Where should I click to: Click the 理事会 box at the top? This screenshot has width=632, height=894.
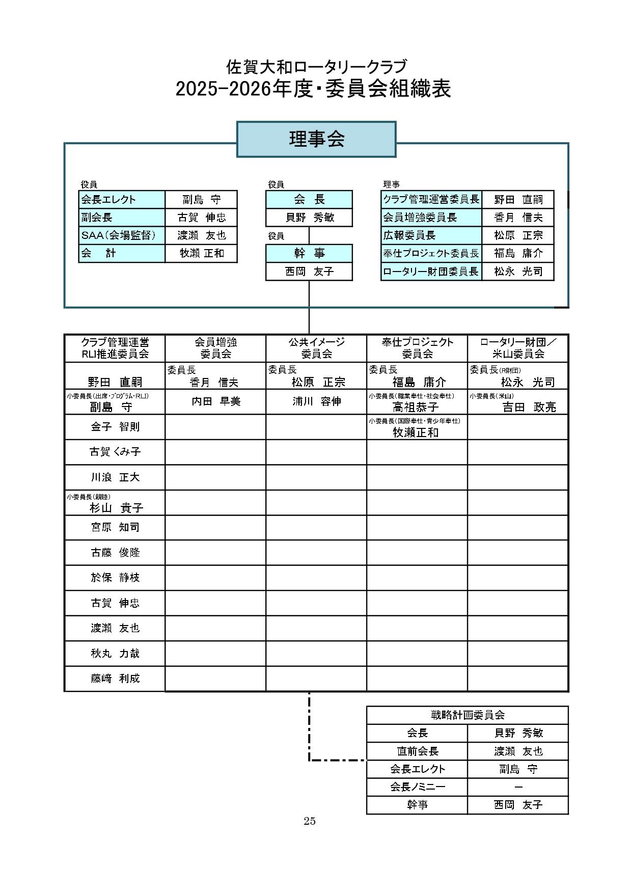coord(316,139)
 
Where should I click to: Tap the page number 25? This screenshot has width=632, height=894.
coord(310,821)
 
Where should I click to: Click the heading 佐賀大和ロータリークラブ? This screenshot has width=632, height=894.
coord(316,67)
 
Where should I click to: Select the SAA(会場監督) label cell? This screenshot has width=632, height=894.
coord(122,235)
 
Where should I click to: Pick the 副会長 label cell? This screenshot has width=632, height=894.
coord(122,218)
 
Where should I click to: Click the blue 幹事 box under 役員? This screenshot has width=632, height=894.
coord(309,253)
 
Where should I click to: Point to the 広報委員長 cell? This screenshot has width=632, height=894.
coord(431,235)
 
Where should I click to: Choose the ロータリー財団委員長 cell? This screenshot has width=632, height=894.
coord(431,272)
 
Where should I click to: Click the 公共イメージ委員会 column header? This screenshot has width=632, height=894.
coord(316,348)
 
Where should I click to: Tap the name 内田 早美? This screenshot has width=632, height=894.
coord(216,401)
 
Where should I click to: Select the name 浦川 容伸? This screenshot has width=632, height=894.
coord(316,401)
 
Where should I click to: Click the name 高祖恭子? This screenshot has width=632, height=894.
coord(416,407)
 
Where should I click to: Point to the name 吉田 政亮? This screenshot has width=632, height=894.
coord(529,407)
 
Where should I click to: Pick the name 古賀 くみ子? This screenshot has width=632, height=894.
coord(115,452)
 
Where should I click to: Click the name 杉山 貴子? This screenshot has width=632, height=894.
coord(117,507)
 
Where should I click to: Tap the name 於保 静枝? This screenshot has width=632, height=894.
coord(115,578)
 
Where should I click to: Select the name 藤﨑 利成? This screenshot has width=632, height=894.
coord(115,679)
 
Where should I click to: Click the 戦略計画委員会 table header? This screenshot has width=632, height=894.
coord(468,715)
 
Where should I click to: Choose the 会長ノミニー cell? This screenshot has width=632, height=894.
coord(417,787)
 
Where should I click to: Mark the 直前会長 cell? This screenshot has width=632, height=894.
coord(417,751)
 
